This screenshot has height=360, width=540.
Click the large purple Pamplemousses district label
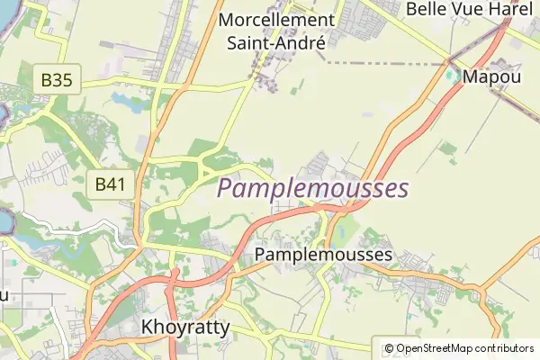coord(313,189)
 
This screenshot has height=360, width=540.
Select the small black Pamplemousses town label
coord(324,255)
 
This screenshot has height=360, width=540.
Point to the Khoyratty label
coord(186,327)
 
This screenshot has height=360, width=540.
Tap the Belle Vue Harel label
coord(470,9)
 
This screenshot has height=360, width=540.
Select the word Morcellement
coord(276,20)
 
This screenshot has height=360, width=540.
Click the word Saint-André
coord(275,41)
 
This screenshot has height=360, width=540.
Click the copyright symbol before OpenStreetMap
coord(390,348)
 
